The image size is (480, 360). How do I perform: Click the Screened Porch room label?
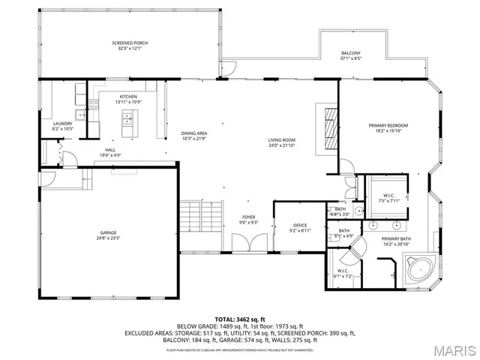click(x=130, y=43)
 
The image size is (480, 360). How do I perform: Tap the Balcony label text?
click(x=350, y=53)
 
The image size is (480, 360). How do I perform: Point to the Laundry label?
click(x=62, y=124)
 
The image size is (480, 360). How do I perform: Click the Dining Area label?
click(x=193, y=133)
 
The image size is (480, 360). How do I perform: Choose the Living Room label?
click(x=283, y=139)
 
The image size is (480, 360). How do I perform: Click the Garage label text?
click(x=108, y=233)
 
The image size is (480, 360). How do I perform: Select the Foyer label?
click(x=247, y=217)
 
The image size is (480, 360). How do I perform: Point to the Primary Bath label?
click(x=396, y=239)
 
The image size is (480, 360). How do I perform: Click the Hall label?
click(x=110, y=150)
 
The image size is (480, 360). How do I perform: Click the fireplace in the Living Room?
click(x=329, y=128)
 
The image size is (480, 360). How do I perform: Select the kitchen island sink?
click(x=126, y=118)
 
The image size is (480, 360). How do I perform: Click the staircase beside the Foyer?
click(x=202, y=217)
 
